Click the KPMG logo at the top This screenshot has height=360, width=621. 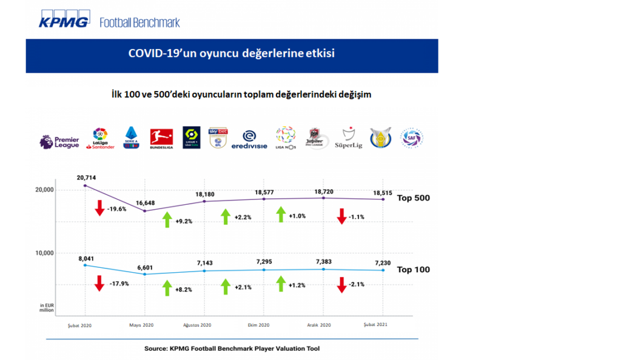[x=64, y=21]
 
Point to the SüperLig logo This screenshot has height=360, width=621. [x=349, y=140]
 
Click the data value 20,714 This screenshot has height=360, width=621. [x=87, y=177]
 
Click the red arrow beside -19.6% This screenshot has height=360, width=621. [x=99, y=209]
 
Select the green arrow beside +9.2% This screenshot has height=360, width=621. [x=166, y=219]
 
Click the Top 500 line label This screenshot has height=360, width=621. [x=413, y=198]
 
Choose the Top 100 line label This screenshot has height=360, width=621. [x=413, y=269]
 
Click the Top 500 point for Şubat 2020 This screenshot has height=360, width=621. [x=85, y=185]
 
